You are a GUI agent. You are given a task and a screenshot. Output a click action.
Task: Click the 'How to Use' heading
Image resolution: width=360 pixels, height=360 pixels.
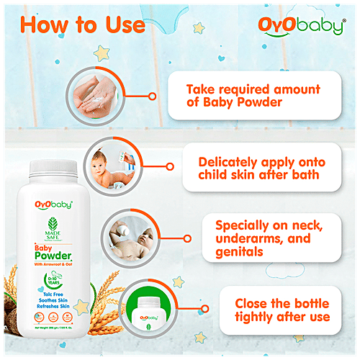(x=82, y=25)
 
